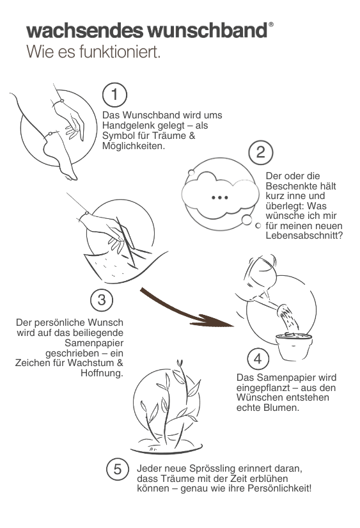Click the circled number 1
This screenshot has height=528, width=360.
[114, 95]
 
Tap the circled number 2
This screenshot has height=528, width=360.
[261, 152]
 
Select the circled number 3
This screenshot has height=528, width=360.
[102, 300]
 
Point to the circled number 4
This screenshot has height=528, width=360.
[258, 358]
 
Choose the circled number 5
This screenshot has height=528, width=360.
[118, 469]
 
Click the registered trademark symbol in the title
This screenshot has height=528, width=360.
[271, 24]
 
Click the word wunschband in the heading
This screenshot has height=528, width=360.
[208, 31]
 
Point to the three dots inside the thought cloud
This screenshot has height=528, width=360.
[220, 198]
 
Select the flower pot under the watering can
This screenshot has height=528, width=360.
[294, 347]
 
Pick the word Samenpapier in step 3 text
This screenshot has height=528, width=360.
[94, 343]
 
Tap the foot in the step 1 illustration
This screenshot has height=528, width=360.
[60, 158]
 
